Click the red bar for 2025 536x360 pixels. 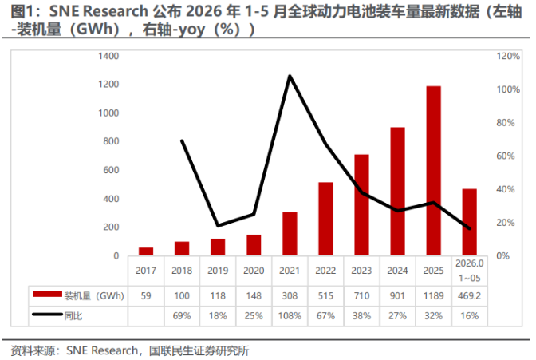click(x=433, y=171)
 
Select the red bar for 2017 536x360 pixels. click(x=146, y=251)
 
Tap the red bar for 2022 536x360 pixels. click(x=325, y=219)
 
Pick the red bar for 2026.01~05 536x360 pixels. click(x=469, y=222)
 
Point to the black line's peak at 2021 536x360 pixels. click(x=290, y=76)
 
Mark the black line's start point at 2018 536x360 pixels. click(x=182, y=141)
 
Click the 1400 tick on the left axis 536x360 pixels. click(x=108, y=56)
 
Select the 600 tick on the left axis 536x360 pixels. click(x=111, y=170)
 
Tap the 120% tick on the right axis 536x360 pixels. click(x=508, y=56)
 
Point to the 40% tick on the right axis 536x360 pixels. click(x=506, y=189)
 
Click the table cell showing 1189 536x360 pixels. click(x=433, y=295)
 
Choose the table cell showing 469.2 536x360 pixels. click(x=469, y=295)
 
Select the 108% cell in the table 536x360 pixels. click(x=290, y=315)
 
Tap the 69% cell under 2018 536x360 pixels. click(x=182, y=315)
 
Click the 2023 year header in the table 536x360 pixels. click(x=361, y=271)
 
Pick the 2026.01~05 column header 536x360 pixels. click(x=469, y=271)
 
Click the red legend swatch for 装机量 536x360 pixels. click(x=48, y=294)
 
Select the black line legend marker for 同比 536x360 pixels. click(x=48, y=315)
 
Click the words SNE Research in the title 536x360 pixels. click(x=99, y=11)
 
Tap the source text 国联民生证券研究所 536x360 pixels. click(x=199, y=350)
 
